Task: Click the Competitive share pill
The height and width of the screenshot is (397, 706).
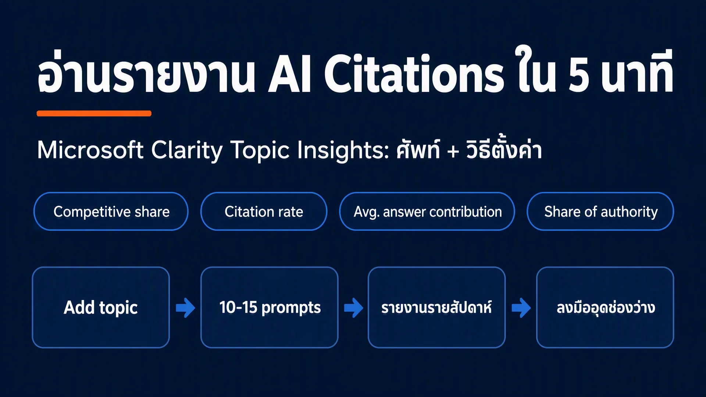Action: [x=111, y=211]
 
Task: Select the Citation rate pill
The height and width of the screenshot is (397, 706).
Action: [x=264, y=211]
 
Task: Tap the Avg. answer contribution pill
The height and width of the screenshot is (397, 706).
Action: [x=427, y=211]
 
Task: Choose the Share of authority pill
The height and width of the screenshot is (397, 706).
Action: [x=600, y=211]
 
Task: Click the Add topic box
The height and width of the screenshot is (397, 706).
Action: [x=101, y=307]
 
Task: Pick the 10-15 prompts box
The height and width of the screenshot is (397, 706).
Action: [x=269, y=307]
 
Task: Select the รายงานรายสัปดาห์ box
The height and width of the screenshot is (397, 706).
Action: [x=436, y=307]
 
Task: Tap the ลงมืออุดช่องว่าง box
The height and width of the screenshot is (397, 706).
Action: [x=605, y=307]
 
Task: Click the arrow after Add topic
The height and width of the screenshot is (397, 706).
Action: [x=185, y=308]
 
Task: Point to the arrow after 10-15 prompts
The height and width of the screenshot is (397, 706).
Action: [x=353, y=308]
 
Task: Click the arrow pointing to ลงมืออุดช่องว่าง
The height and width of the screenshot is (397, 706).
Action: [x=521, y=308]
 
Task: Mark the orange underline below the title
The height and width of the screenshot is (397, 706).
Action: [x=94, y=113]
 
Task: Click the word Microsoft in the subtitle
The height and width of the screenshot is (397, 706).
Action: [x=90, y=150]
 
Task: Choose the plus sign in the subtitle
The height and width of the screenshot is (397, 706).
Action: [x=453, y=151]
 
